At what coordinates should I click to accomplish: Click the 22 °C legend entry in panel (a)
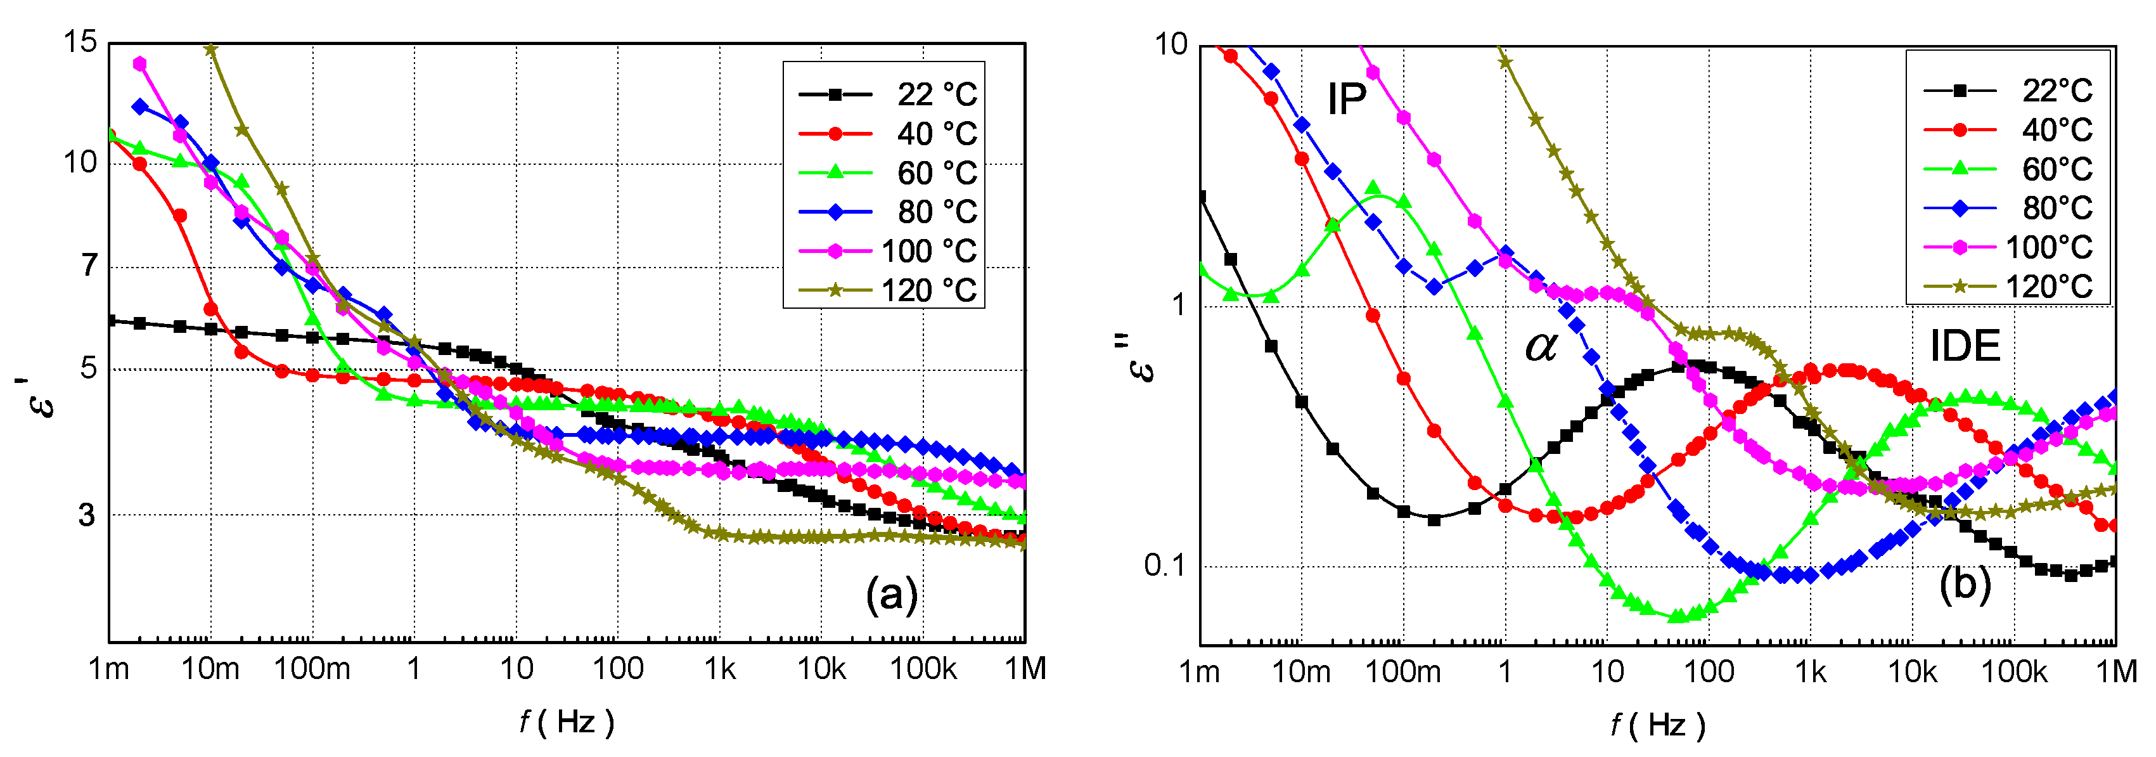pos(887,94)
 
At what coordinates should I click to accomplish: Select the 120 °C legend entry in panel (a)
pos(887,290)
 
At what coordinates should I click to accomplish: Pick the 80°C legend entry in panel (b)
pos(2009,208)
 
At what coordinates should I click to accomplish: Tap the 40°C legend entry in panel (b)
pos(2009,130)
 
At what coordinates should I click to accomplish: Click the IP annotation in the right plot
pos(1346,100)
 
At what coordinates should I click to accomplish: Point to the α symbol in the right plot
pos(1541,346)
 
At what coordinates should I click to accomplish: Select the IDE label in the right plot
pos(1965,346)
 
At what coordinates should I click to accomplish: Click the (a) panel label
pos(891,595)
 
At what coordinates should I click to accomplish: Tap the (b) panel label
pos(1965,584)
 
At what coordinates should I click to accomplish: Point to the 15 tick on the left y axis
pos(80,41)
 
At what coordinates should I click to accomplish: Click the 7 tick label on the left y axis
pos(89,266)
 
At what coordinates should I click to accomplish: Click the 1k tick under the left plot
pos(719,669)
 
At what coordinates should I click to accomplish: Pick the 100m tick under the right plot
pos(1402,671)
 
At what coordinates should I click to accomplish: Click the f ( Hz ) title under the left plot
pos(567,721)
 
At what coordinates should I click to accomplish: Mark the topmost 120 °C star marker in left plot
pos(211,49)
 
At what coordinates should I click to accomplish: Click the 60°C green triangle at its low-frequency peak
pos(1373,188)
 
